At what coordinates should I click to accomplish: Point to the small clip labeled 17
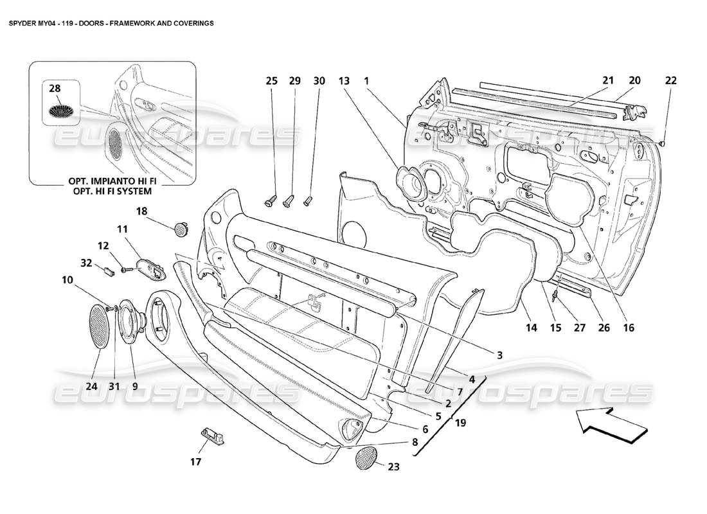(x=211, y=436)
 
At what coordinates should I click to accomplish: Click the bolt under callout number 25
(x=271, y=200)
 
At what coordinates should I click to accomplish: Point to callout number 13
(x=344, y=81)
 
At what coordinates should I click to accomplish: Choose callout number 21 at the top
(x=608, y=81)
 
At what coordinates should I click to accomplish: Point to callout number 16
(x=628, y=328)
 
